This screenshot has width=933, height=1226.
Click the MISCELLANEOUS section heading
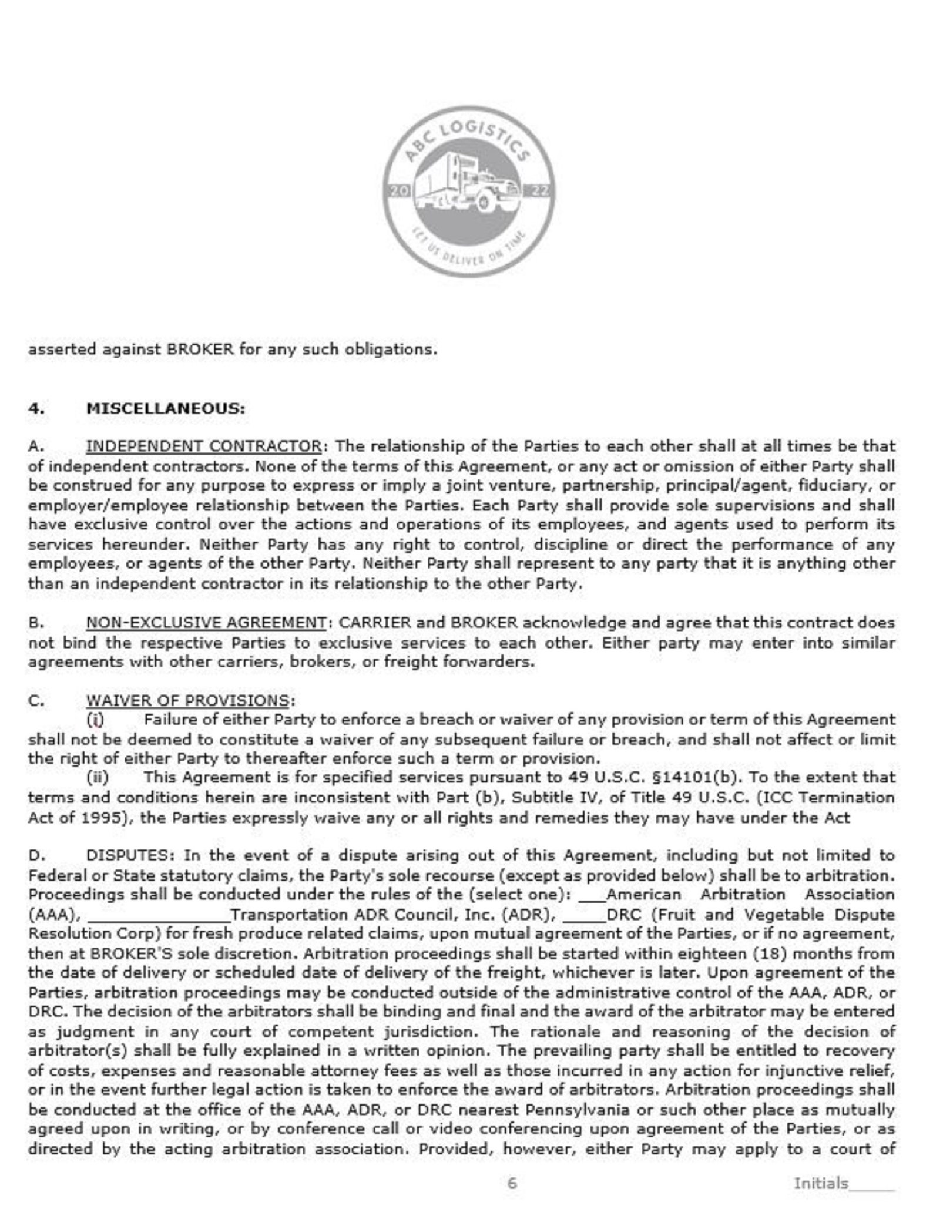pos(166,408)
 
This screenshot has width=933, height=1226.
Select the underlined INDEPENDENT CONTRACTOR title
pos(203,446)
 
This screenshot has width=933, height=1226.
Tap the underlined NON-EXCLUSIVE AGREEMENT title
pos(206,623)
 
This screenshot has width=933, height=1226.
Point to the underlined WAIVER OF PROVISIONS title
pos(187,700)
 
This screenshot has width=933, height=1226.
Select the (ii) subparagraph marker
pos(98,778)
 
